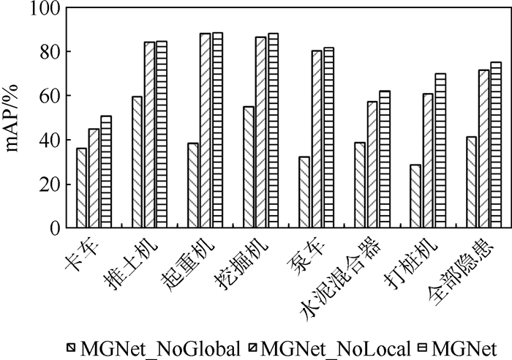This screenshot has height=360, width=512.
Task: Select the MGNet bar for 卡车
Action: (x=106, y=172)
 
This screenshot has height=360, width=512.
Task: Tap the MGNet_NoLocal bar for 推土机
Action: (x=149, y=135)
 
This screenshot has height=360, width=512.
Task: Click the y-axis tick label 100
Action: (x=47, y=9)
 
